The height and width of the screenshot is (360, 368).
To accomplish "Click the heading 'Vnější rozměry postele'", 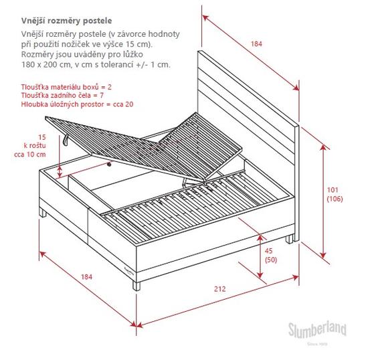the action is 67,21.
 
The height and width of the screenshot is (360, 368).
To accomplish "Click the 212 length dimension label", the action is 219,289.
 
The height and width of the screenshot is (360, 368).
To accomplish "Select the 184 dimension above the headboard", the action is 256,44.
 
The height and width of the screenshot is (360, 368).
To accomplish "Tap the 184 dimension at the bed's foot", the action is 86,277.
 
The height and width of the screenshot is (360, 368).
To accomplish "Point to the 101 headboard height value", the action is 333,190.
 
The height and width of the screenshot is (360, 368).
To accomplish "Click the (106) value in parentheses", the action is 335,199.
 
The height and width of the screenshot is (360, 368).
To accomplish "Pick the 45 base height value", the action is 269,251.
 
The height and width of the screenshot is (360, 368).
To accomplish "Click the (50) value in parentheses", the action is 271,260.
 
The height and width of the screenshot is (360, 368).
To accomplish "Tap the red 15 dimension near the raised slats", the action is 42,137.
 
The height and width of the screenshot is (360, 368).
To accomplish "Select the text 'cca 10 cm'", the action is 30,155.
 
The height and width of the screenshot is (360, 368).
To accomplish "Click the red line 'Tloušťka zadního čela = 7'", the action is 62,96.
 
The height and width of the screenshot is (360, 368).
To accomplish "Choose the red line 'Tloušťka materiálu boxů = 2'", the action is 66,87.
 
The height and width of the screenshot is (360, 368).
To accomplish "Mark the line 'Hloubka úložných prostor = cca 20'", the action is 77,104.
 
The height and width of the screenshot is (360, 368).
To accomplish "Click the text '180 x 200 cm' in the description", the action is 44,64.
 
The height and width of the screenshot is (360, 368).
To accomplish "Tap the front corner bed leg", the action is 136,286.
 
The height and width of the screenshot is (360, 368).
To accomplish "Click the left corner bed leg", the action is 43,213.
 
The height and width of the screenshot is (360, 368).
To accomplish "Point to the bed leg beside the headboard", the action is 289,239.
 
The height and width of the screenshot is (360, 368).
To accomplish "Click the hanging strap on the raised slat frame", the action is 65,139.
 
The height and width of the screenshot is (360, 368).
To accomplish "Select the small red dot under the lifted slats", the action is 109,165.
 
